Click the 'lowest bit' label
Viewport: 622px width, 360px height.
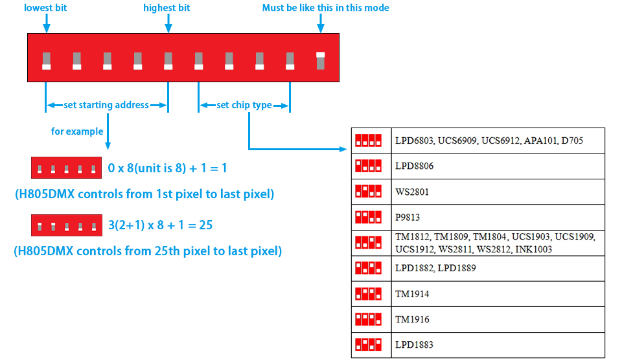[x=45, y=8]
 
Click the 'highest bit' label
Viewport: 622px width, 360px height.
[x=167, y=8]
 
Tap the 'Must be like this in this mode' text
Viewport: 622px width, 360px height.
[x=325, y=8]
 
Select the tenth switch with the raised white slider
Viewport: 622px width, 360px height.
[x=321, y=61]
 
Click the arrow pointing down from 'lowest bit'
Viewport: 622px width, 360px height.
[x=47, y=23]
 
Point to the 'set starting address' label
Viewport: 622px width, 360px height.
[x=106, y=105]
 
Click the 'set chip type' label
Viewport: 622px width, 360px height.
[x=244, y=105]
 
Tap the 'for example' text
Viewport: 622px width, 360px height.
[x=77, y=131]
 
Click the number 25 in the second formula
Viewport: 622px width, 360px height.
[x=206, y=225]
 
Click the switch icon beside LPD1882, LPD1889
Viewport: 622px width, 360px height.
[x=368, y=268]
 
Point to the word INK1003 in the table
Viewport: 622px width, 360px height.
[x=533, y=249]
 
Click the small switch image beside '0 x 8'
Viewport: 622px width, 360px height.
[x=66, y=168]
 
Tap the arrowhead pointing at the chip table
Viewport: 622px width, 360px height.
[x=343, y=149]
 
